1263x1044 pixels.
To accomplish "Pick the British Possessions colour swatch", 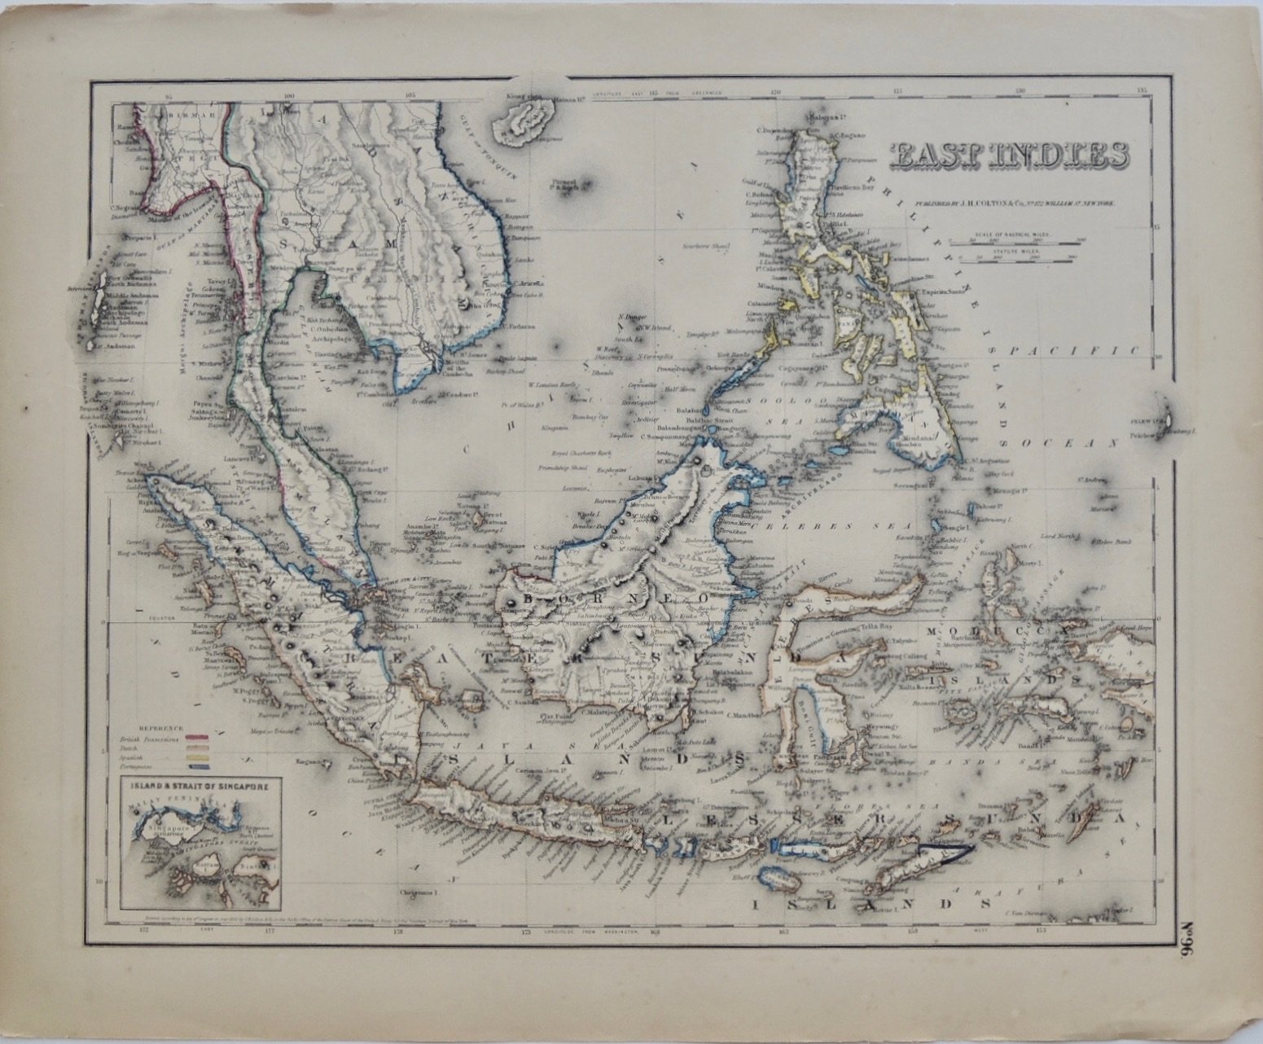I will tap(198, 733).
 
